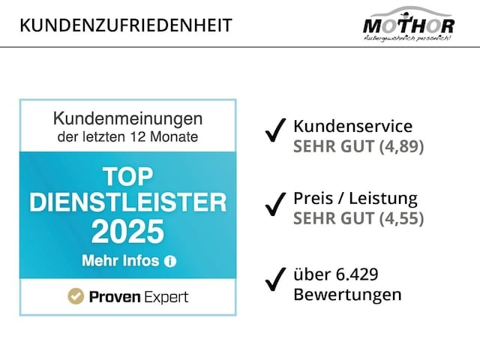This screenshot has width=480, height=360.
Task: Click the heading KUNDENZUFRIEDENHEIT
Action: (126, 25)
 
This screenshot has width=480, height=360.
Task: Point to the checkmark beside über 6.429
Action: (276, 280)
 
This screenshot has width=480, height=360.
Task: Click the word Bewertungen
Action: (346, 294)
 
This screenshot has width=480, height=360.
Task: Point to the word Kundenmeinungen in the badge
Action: (128, 118)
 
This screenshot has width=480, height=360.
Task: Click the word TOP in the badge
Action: (127, 178)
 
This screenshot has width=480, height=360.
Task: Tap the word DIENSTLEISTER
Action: (127, 202)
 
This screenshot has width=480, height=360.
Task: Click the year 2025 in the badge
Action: (127, 231)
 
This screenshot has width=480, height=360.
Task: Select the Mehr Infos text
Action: (119, 261)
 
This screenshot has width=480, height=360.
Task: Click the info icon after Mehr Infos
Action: (169, 262)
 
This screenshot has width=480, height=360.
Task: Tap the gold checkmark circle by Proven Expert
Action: (75, 297)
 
